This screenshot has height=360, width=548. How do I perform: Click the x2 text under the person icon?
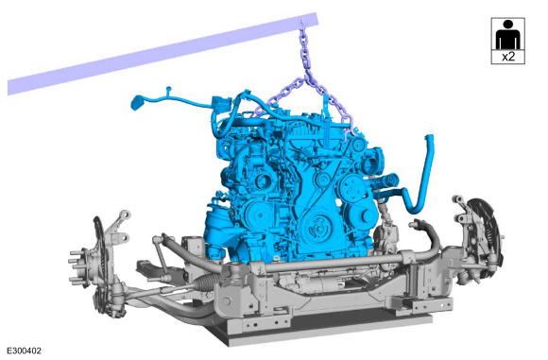(x=508, y=57)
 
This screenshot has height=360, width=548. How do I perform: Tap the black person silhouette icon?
(x=507, y=35)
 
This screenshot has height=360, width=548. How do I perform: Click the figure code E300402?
(x=25, y=351)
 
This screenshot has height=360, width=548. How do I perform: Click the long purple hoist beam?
(x=163, y=54)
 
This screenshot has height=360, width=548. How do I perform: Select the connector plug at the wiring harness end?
(x=136, y=102)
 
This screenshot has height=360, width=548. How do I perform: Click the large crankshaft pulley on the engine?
(x=319, y=227)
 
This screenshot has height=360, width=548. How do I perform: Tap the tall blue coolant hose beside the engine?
(x=423, y=175)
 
